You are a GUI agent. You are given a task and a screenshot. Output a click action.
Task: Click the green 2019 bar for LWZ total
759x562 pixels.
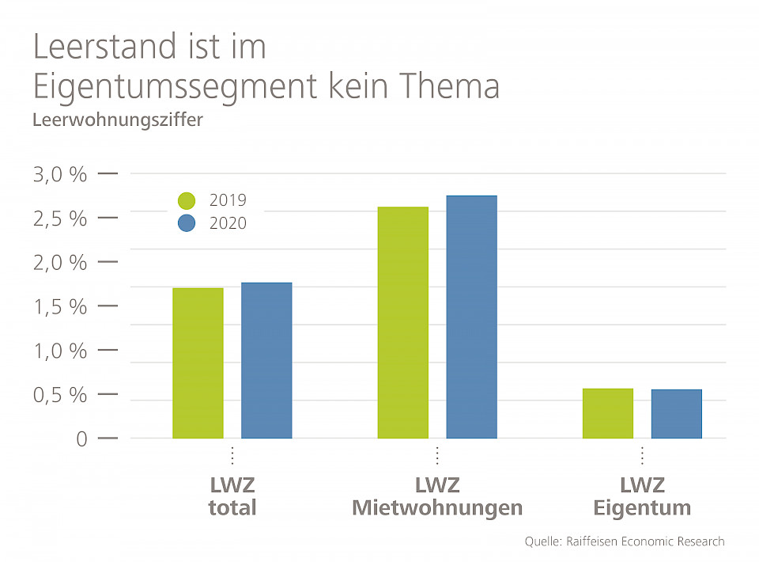198,363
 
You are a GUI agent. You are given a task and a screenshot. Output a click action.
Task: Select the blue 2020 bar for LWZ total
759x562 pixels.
266,361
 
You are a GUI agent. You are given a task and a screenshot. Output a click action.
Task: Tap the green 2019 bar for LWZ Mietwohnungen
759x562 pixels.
403,323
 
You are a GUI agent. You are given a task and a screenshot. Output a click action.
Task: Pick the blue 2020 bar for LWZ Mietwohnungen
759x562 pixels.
472,317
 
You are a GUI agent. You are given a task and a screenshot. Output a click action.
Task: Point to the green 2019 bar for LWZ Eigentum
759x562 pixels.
608,413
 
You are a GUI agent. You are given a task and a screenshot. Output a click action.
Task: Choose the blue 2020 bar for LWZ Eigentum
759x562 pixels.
677,414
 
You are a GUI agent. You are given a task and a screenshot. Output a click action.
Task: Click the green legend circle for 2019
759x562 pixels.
187,201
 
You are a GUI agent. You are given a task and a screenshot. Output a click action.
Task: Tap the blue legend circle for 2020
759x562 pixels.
187,223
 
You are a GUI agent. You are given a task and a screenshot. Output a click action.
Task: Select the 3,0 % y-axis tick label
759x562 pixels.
60,174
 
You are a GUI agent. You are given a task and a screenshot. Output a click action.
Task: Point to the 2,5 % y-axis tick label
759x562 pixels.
60,218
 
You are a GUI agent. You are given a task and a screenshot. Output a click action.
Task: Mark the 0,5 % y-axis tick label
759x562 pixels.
60,395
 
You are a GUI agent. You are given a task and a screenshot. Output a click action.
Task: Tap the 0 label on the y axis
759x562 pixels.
81,439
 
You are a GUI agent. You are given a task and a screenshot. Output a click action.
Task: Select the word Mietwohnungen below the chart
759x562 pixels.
437,507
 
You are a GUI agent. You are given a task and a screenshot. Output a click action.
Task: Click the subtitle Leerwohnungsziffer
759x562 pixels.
107,120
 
